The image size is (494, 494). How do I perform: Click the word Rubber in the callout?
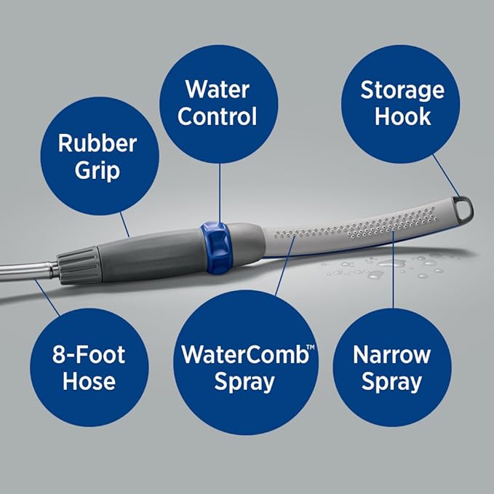coord(97,143)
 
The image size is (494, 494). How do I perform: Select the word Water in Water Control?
coord(218,89)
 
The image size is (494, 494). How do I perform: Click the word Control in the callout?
coord(218,116)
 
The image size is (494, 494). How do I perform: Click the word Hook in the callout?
coord(402,116)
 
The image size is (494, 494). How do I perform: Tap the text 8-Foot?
coord(89,355)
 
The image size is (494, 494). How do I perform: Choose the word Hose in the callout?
coord(89,382)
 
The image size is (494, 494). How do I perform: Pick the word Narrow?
coord(391,355)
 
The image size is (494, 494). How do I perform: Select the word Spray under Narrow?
coord(391,382)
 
